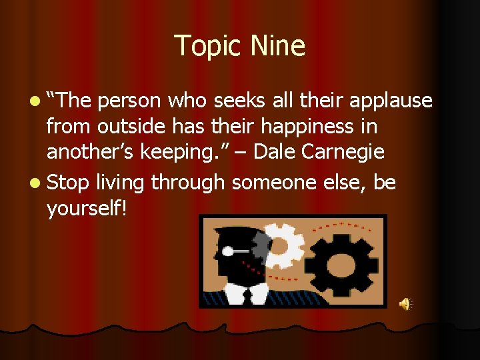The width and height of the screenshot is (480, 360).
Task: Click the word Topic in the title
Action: coord(207,47)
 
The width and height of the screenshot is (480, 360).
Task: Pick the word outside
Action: coord(128,127)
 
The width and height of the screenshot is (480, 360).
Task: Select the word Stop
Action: coord(68,182)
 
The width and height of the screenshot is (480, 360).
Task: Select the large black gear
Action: coord(339,261)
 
